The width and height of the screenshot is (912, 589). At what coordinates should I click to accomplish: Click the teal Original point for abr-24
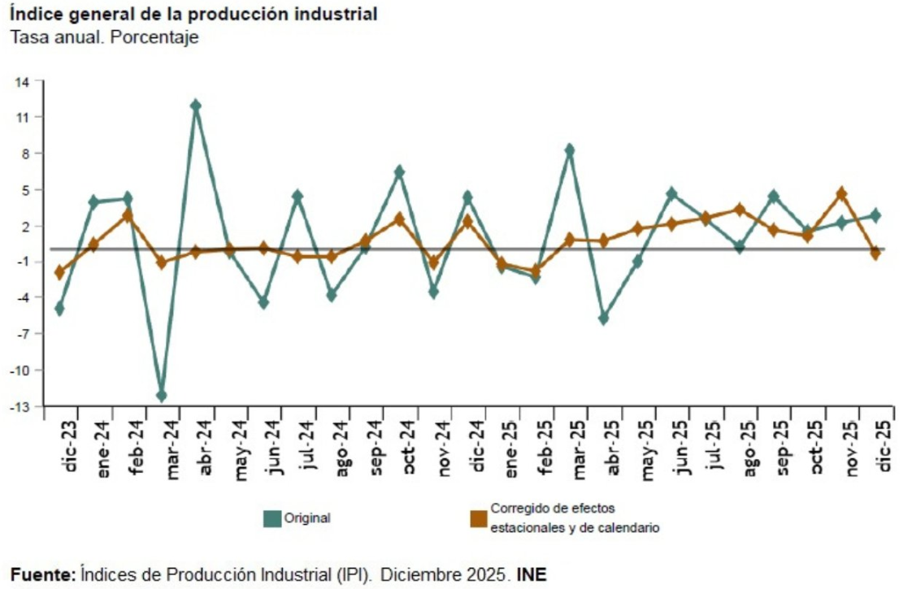(196, 106)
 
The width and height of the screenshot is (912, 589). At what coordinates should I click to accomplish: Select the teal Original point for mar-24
(162, 396)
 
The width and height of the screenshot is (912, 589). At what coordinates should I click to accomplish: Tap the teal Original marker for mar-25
(570, 150)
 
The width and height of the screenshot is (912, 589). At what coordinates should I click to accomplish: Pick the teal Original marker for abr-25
(604, 318)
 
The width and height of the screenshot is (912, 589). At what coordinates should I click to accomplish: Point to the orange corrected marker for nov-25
(842, 194)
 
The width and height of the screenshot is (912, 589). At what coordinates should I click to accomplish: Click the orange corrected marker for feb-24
(128, 215)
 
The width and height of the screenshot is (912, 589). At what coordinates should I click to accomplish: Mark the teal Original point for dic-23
(59, 309)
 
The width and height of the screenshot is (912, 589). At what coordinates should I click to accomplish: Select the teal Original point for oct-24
(400, 171)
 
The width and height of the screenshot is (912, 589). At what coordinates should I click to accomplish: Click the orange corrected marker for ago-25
(740, 210)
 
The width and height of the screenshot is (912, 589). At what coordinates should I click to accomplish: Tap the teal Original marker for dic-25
(875, 215)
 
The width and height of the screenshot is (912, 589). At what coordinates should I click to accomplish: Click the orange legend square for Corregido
(479, 518)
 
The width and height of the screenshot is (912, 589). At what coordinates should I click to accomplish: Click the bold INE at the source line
(532, 574)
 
